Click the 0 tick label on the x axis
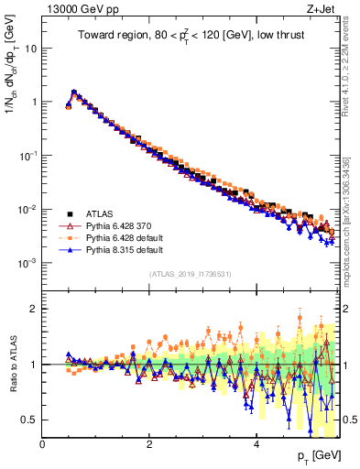(x=43, y=445)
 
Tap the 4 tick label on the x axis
(x=256, y=445)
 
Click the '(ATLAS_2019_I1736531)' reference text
(x=190, y=274)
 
